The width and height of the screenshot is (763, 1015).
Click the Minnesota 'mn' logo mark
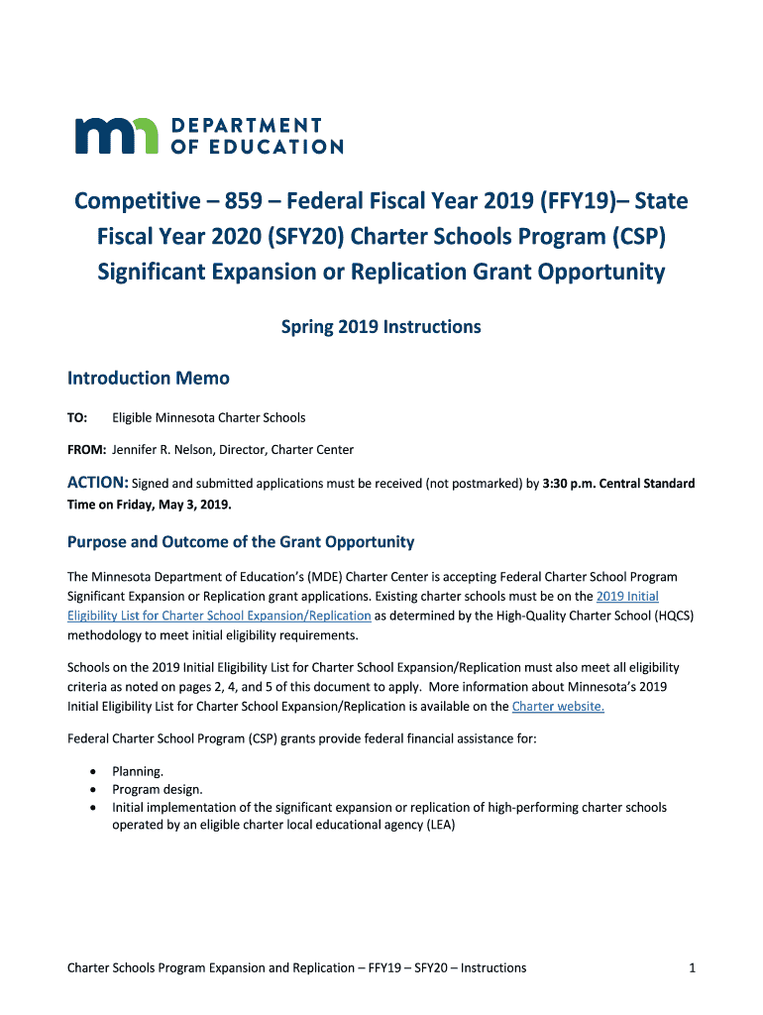coord(116,135)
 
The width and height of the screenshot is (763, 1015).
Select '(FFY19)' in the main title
coord(573,202)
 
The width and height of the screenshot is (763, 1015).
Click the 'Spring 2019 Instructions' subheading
coord(381,326)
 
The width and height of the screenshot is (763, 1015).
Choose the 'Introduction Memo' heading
coord(148,378)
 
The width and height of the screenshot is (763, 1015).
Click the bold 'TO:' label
coord(77,417)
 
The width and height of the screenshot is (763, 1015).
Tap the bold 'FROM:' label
coord(86,450)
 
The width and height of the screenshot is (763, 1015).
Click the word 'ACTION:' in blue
coord(97,484)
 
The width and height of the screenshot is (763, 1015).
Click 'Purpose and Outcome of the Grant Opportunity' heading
coord(240,542)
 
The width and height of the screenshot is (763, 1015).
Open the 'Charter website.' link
coord(558,707)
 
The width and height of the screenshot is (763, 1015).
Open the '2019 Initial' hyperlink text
coord(627,596)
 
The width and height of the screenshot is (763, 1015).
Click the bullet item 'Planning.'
coord(138,770)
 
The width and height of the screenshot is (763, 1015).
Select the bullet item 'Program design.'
coord(158,789)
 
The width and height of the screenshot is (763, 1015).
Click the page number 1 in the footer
coord(692,967)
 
